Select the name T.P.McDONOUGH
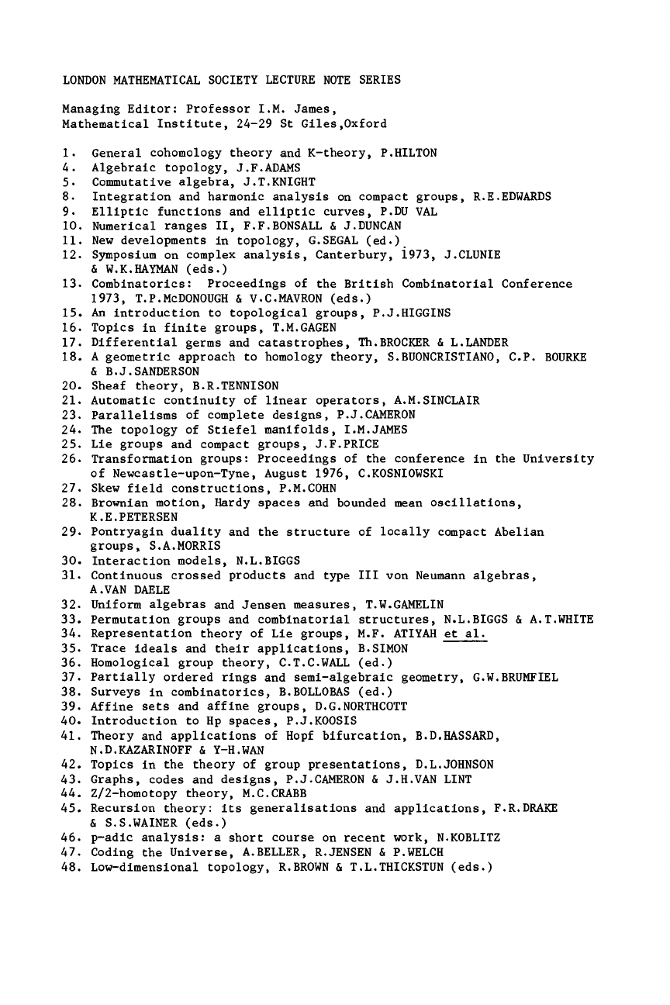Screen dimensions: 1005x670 [x=171, y=298]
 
